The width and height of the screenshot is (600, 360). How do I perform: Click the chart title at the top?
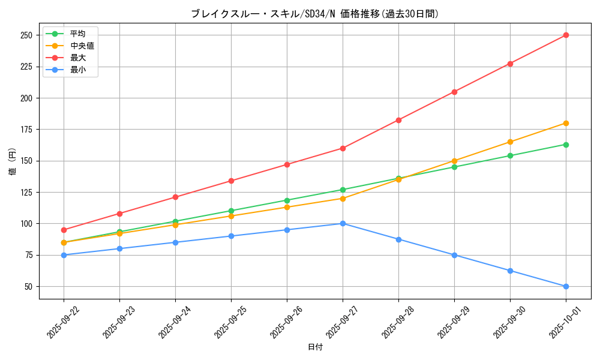[x=315, y=14]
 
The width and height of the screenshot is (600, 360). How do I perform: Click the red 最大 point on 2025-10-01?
[x=566, y=35]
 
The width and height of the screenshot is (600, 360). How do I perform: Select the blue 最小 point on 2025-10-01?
[x=566, y=286]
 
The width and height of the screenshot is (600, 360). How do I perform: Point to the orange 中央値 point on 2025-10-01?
[x=566, y=123]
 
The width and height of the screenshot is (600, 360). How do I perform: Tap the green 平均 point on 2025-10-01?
[x=566, y=145]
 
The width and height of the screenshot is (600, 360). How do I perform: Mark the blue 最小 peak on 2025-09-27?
[x=343, y=223]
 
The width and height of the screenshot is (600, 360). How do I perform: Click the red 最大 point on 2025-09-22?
[x=64, y=230]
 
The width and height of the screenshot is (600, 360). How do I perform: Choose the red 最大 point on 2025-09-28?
[x=398, y=120]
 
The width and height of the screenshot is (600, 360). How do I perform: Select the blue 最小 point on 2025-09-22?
[x=64, y=255]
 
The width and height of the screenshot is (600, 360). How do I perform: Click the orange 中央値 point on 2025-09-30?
[x=510, y=142]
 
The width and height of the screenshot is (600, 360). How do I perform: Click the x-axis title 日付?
[x=315, y=347]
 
